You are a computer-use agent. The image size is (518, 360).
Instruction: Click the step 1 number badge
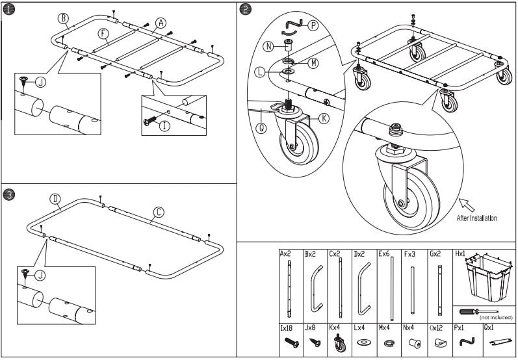click(x=8, y=9)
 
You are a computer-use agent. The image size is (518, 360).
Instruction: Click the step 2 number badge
click(x=245, y=9)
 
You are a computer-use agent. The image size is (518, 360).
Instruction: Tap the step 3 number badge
click(x=8, y=194)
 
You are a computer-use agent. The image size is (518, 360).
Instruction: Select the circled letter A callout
click(x=160, y=21)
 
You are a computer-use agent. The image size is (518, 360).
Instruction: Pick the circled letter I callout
click(x=164, y=125)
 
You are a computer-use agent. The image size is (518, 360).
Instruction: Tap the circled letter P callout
click(x=313, y=25)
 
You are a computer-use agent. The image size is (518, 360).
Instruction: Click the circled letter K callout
click(x=324, y=118)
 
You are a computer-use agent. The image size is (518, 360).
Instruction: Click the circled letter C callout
click(x=158, y=212)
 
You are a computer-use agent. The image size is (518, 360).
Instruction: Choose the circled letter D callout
click(x=55, y=198)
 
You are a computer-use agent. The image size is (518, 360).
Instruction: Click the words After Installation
click(x=476, y=218)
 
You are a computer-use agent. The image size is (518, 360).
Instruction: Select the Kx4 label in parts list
click(x=335, y=329)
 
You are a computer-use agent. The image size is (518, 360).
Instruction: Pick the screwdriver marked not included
click(x=478, y=311)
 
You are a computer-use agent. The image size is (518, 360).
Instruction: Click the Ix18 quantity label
click(x=287, y=329)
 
